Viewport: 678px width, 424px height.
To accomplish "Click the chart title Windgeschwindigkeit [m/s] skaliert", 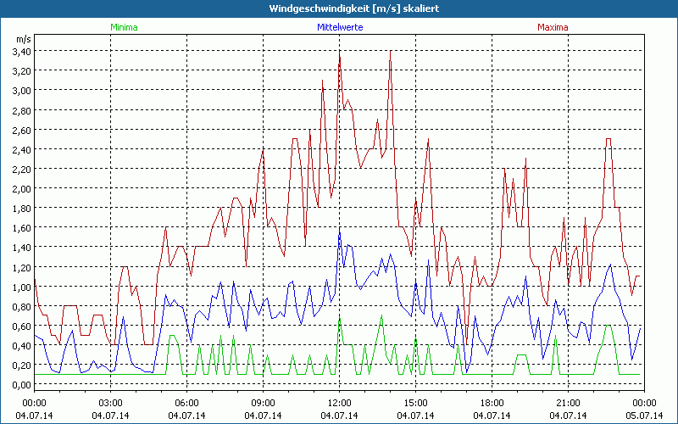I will [x=339, y=8].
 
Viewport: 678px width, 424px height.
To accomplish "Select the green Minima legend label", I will [x=123, y=27].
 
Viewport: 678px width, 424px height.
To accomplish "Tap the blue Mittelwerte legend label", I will [x=339, y=27].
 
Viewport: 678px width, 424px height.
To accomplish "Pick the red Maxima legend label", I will [x=553, y=27].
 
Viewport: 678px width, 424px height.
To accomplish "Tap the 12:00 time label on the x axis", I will [x=339, y=402].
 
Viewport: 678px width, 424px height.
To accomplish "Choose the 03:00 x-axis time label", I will [x=111, y=402].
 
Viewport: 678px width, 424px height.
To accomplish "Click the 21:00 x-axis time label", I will [x=568, y=402].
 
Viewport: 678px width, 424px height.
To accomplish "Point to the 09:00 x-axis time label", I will [x=263, y=402].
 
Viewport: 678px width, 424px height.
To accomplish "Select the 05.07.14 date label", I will [x=644, y=415].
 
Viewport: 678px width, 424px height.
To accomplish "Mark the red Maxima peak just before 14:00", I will [x=390, y=52].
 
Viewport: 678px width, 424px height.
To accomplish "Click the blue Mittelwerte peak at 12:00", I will [x=339, y=229].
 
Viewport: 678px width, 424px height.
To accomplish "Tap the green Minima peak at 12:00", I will [x=339, y=317].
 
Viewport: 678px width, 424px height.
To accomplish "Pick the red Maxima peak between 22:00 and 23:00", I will [x=608, y=139].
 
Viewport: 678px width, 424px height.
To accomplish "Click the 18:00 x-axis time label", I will [x=492, y=402].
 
